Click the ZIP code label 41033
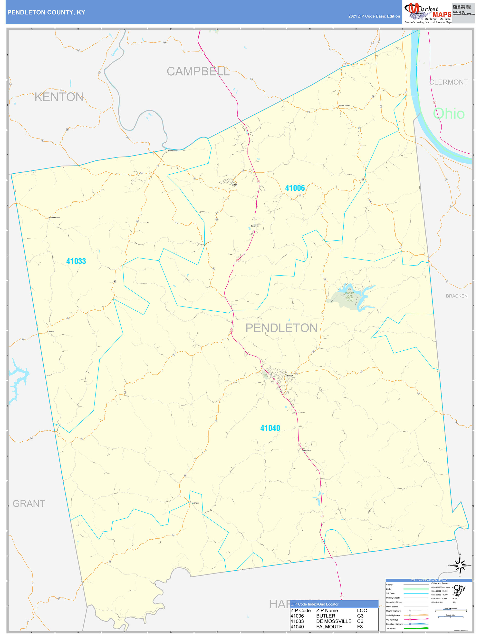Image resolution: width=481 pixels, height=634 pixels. [x=76, y=261]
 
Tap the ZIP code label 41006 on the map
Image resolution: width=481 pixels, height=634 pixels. [x=295, y=188]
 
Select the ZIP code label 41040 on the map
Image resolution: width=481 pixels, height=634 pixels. [x=270, y=428]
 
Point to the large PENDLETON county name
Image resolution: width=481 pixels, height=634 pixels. [x=281, y=328]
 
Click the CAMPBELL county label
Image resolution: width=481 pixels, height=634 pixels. [x=198, y=71]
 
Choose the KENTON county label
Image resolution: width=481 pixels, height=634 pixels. [x=59, y=97]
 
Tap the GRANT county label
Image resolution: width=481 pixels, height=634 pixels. [x=29, y=503]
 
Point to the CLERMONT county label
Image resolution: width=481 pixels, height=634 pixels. [x=448, y=82]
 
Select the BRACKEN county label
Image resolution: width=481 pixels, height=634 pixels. [x=456, y=296]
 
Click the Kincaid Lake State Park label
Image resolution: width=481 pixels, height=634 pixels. [x=349, y=297]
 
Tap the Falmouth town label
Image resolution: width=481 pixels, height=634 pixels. [x=289, y=376]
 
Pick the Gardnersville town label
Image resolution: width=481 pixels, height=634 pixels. [x=54, y=218]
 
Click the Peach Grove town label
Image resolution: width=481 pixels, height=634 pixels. [x=344, y=106]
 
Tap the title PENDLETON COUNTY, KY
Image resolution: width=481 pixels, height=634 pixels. [x=46, y=12]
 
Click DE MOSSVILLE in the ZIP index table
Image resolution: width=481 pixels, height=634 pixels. [x=334, y=621]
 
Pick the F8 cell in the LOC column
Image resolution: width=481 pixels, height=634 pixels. [x=360, y=626]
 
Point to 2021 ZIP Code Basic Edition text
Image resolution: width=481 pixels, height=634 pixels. [x=374, y=16]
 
